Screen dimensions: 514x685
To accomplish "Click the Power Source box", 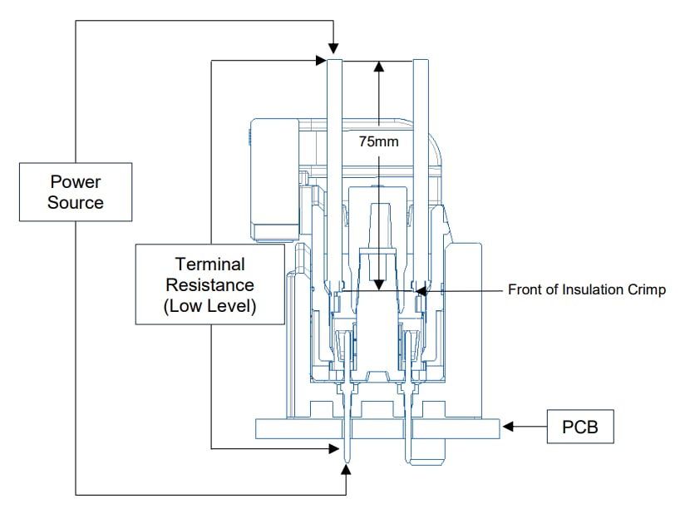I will point(76,191).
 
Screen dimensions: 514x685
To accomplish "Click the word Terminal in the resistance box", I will point(209,264).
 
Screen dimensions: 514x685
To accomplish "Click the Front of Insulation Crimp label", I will point(587,290).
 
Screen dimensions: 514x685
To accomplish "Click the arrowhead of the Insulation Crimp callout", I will point(421,291).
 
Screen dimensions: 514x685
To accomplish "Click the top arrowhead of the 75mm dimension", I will point(378,67).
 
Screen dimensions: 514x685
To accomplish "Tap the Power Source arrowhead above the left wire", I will point(333,52).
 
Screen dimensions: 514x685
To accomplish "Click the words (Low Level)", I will point(209,306).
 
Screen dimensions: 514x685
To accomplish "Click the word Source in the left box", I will point(76,203).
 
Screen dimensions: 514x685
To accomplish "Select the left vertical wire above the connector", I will point(334,166).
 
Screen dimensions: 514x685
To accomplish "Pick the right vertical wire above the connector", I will point(421,166).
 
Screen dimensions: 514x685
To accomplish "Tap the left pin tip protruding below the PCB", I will point(347,453).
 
